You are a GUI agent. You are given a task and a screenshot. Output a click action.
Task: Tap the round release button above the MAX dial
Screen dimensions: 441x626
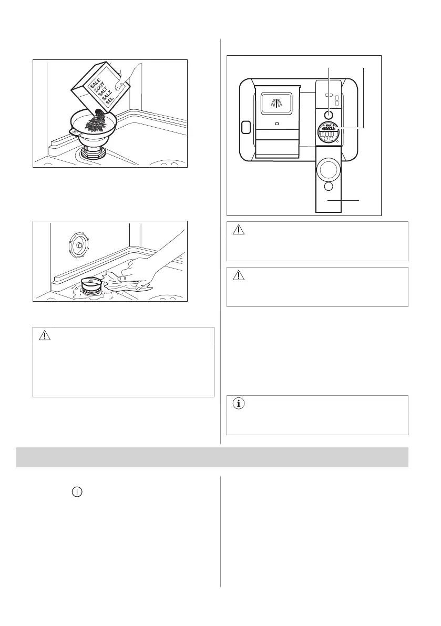[329, 114]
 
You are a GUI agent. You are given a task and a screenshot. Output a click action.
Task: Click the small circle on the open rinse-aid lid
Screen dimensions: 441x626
[329, 187]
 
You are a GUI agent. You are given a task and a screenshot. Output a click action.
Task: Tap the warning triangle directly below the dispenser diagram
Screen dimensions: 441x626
[240, 230]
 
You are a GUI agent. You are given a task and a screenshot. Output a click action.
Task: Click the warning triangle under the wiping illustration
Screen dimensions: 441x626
[46, 335]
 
